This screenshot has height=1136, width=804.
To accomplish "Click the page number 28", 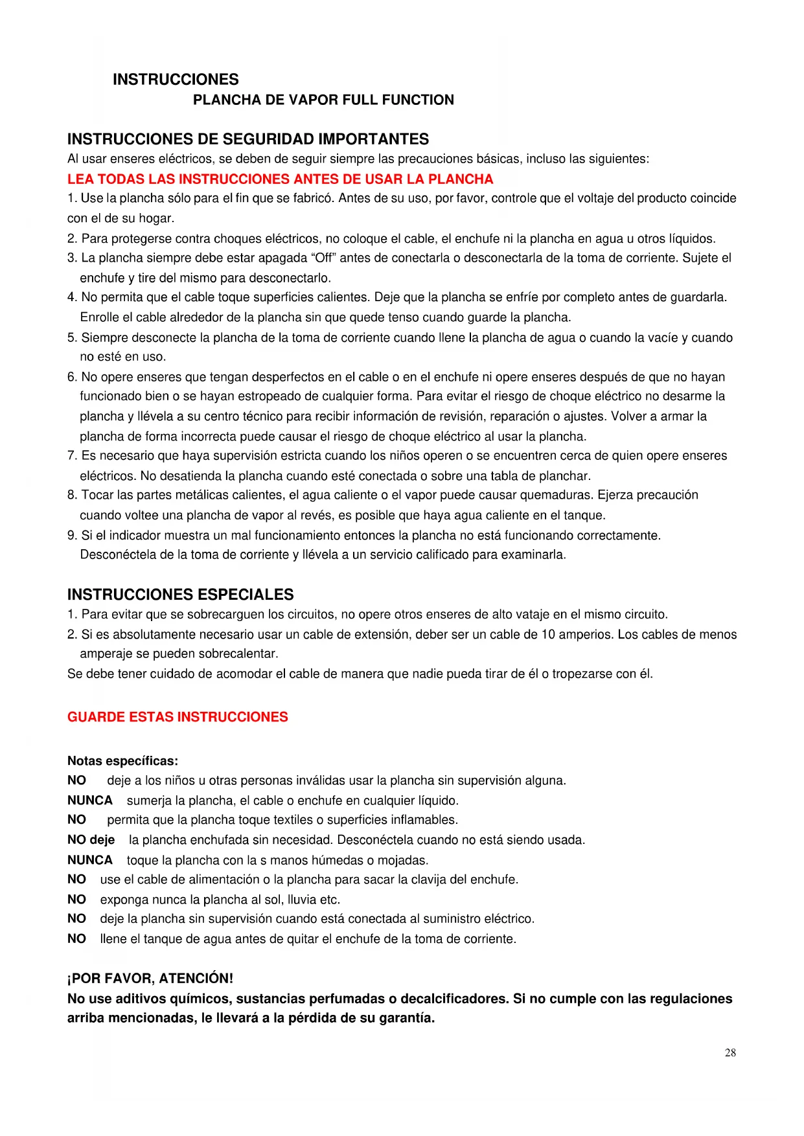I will point(730,1052).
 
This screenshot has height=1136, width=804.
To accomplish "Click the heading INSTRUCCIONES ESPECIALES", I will point(180,595).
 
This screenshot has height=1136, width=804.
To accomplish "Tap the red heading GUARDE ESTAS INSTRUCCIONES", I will point(178,717).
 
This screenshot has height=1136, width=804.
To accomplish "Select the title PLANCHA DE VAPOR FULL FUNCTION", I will point(323,100).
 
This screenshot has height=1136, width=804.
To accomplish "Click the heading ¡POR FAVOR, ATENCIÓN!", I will point(150,978).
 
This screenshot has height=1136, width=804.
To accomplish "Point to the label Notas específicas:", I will point(122,761).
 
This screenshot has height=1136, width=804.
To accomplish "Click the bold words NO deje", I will point(91,840).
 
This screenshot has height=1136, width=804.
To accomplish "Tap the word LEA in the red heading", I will point(80,179).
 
